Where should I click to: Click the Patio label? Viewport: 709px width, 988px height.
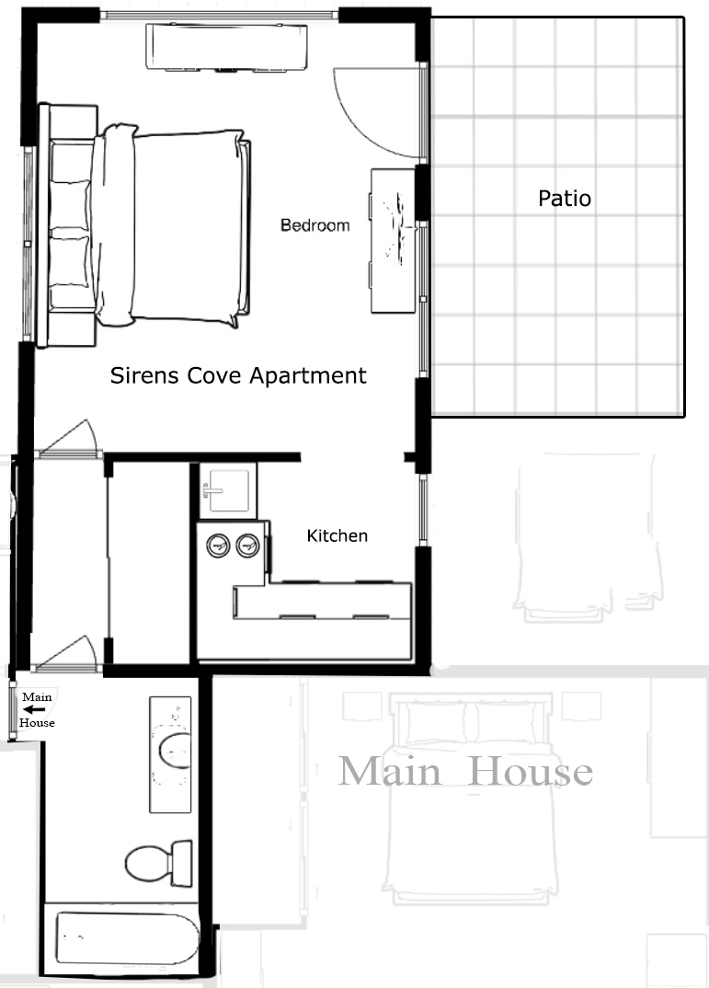[564, 198]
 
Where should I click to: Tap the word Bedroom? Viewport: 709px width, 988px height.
[314, 225]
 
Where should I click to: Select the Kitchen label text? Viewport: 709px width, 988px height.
[337, 535]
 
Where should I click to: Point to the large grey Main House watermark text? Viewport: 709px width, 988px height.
[465, 771]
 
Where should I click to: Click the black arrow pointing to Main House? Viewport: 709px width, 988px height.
[36, 709]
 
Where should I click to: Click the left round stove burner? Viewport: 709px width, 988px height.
[219, 546]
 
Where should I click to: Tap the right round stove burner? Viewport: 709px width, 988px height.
[248, 546]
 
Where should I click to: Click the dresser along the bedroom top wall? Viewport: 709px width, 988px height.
[226, 47]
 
